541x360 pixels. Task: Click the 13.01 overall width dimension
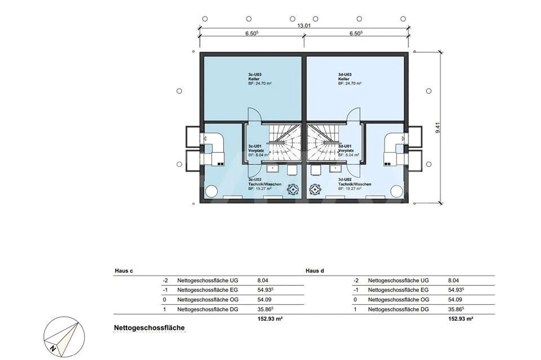click(x=304, y=26)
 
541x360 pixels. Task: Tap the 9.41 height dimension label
click(x=437, y=128)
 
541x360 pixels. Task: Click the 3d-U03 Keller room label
click(x=349, y=79)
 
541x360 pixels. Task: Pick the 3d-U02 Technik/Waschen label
click(x=354, y=184)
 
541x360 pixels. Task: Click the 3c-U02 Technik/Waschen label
click(x=264, y=184)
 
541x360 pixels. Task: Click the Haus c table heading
click(x=123, y=271)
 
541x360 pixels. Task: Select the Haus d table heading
click(x=314, y=271)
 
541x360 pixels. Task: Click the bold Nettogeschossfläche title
click(x=149, y=328)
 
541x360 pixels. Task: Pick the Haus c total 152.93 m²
click(x=270, y=319)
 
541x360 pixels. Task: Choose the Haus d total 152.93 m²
click(x=461, y=319)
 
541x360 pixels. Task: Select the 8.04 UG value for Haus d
click(x=453, y=280)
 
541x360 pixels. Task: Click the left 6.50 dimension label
click(x=252, y=33)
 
